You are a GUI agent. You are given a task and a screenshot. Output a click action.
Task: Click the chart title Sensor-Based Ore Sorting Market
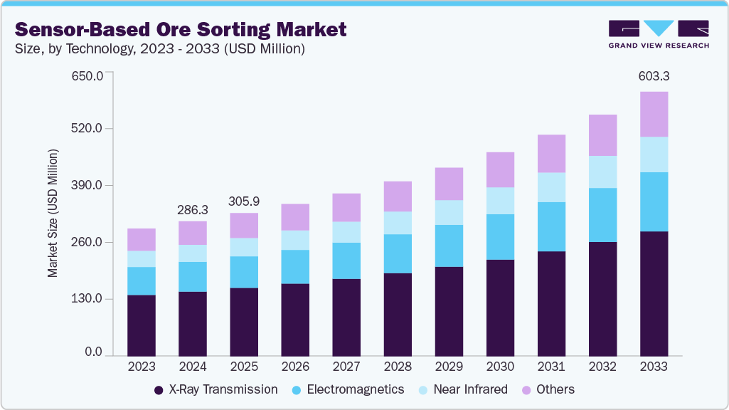pyautogui.click(x=181, y=29)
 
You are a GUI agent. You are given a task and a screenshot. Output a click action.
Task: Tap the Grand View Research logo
pyautogui.click(x=658, y=33)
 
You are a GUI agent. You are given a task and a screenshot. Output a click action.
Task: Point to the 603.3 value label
pyautogui.click(x=654, y=76)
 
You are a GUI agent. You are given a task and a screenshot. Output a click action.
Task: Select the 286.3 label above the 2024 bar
pyautogui.click(x=193, y=210)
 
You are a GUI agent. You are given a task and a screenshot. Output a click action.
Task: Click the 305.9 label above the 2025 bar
pyautogui.click(x=244, y=201)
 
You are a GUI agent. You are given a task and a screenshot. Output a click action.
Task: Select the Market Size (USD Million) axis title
pyautogui.click(x=53, y=214)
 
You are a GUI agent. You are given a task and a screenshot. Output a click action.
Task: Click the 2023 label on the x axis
pyautogui.click(x=142, y=367)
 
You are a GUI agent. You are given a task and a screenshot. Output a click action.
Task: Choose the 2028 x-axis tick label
pyautogui.click(x=398, y=367)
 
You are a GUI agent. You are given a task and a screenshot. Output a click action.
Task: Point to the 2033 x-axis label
pyautogui.click(x=654, y=367)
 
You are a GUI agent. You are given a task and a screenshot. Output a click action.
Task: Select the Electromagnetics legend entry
pyautogui.click(x=348, y=389)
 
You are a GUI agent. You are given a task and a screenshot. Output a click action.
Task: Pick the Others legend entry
pyautogui.click(x=548, y=389)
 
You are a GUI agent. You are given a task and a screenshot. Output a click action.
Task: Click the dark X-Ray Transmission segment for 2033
pyautogui.click(x=654, y=293)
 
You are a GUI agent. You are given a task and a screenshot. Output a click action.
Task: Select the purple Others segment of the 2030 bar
pyautogui.click(x=500, y=169)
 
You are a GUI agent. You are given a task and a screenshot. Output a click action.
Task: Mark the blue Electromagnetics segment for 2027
pyautogui.click(x=346, y=261)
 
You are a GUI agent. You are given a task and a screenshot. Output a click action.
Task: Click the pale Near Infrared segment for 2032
pyautogui.click(x=602, y=172)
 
